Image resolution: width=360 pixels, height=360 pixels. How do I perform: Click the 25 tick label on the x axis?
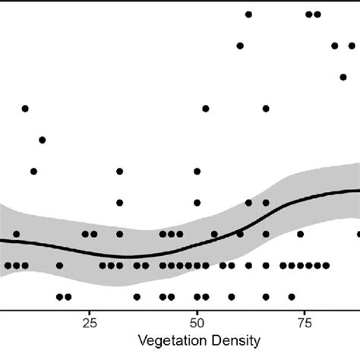(x=90, y=322)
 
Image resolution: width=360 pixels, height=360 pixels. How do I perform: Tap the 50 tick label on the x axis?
(x=197, y=322)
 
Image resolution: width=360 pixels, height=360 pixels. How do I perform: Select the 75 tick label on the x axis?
(x=305, y=322)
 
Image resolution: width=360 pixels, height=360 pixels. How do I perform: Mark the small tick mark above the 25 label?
(x=90, y=311)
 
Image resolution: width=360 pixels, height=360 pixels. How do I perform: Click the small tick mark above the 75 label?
(x=305, y=311)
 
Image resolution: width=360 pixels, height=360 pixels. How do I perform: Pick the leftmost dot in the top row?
(x=248, y=14)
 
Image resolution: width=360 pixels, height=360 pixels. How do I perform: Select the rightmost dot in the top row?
(x=317, y=14)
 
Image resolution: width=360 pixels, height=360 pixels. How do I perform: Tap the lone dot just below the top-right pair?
(x=334, y=46)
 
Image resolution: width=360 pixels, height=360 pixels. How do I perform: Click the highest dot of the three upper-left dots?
(x=25, y=109)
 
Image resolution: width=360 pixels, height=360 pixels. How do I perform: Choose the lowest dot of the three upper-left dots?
(x=33, y=172)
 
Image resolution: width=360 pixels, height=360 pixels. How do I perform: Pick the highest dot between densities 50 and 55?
(x=205, y=109)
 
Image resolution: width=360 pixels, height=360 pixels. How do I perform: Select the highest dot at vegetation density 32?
(x=119, y=172)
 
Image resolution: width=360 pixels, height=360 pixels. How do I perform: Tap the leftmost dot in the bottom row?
(x=59, y=297)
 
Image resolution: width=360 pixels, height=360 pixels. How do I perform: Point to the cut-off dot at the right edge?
(x=358, y=234)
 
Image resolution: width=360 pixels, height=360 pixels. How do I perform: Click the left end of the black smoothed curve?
(x=2, y=240)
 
